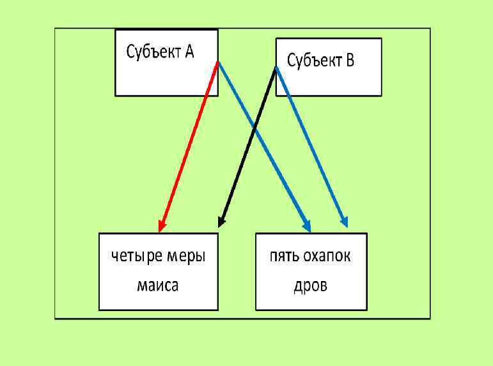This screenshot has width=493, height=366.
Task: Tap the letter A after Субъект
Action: pyautogui.click(x=190, y=52)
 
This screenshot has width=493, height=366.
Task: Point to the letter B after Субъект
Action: pyautogui.click(x=350, y=61)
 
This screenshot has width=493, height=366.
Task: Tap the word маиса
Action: pyautogui.click(x=158, y=285)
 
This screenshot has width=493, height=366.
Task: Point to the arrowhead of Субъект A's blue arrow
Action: pyautogui.click(x=307, y=225)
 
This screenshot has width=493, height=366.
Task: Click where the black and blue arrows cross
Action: pyautogui.click(x=254, y=130)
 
